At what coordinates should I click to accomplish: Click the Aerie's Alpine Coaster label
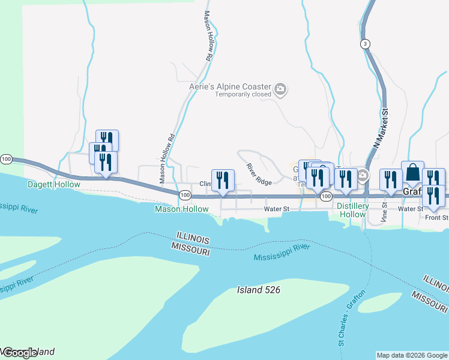231,86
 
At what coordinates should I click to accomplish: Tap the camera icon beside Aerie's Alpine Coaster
280,90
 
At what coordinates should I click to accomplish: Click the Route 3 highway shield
365,44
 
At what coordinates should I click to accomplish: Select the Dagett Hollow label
54,184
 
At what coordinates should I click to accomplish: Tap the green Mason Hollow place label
181,209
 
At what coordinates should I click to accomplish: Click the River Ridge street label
259,174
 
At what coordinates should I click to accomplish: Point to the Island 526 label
259,290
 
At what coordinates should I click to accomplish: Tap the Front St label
436,218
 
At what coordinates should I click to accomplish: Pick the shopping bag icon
412,173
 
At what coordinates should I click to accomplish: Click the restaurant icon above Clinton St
223,180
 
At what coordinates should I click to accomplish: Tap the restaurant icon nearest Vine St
391,179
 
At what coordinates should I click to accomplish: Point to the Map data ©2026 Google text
412,355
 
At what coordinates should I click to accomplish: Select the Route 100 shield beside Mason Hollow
185,196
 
